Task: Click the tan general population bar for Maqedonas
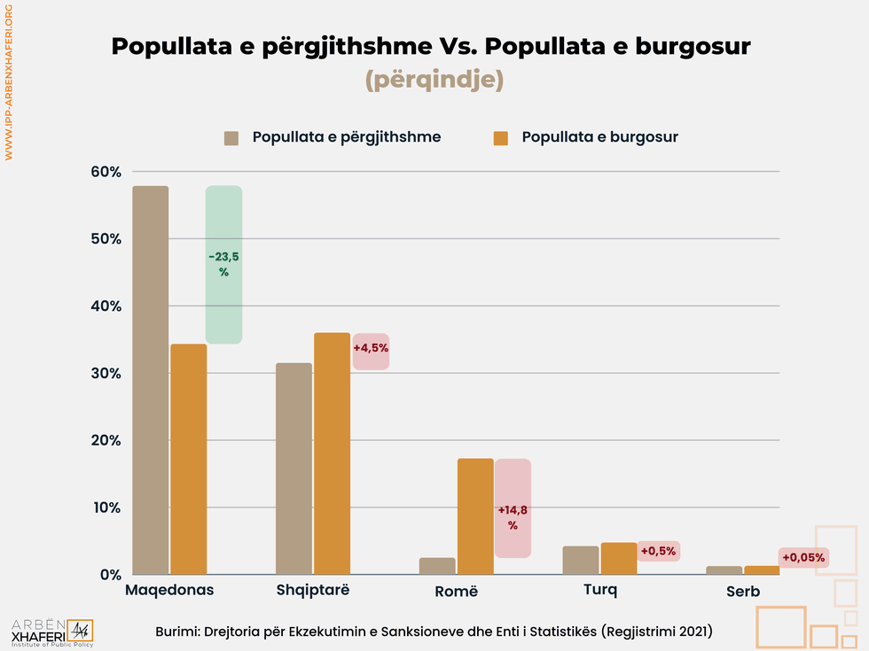tap(150, 380)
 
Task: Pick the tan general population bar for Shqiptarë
tap(294, 469)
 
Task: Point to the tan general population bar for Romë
tap(438, 566)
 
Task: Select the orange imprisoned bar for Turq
tap(618, 559)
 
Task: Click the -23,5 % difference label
tap(223, 264)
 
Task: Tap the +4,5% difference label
tap(371, 348)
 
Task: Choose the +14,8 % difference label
tap(513, 516)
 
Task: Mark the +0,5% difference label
tap(658, 551)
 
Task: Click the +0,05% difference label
tap(803, 558)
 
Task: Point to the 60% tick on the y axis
tap(106, 172)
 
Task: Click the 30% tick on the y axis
tap(106, 373)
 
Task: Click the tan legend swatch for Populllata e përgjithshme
tap(232, 137)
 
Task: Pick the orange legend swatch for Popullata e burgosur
tap(501, 137)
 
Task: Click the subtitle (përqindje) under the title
tap(434, 80)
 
